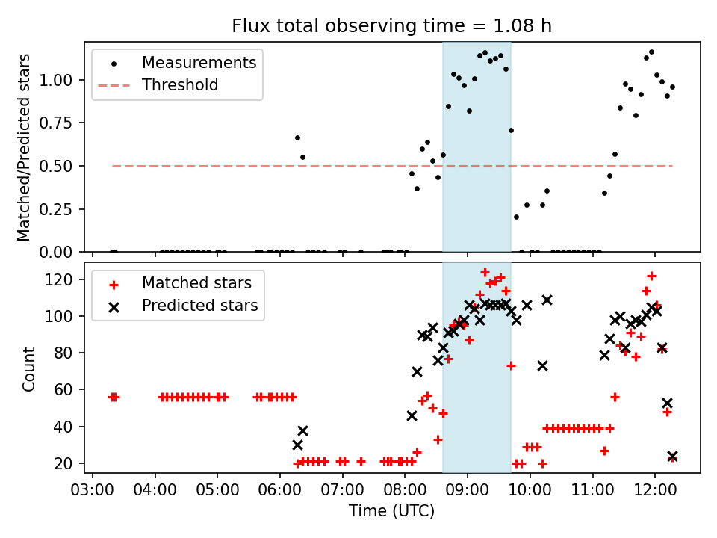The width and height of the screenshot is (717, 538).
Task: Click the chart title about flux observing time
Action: coord(392,27)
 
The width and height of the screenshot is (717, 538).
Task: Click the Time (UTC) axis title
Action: coord(392,512)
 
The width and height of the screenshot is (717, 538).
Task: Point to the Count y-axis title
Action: coord(28,368)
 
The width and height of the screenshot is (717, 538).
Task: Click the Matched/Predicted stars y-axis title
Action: coord(24,147)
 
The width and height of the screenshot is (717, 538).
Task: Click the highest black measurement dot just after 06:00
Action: coord(297,137)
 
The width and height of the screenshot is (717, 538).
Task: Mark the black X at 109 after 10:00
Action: coord(547,300)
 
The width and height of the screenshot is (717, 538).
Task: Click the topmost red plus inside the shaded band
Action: coord(485,273)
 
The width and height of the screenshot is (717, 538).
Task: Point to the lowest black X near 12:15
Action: coord(672,456)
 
